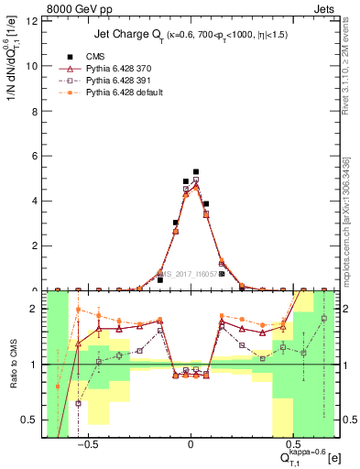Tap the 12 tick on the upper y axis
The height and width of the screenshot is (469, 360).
point(32,21)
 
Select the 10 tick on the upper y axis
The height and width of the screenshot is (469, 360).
point(32,66)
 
